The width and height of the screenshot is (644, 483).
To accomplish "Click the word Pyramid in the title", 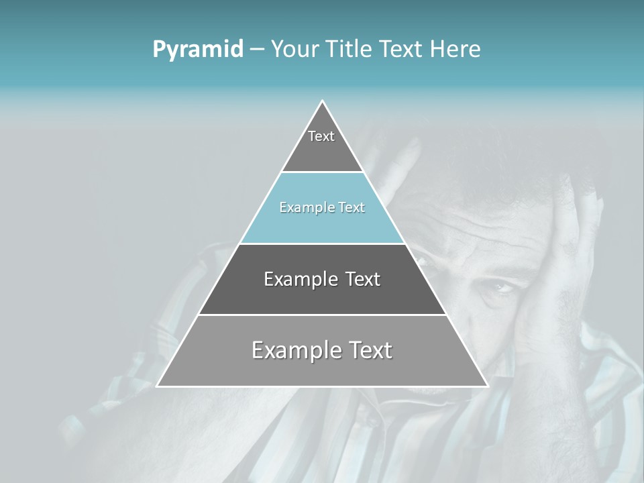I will [x=198, y=50].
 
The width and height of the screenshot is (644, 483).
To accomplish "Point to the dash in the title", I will [x=257, y=50].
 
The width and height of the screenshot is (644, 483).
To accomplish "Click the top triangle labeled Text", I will [x=322, y=144].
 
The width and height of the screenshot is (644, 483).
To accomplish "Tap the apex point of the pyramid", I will [x=323, y=101].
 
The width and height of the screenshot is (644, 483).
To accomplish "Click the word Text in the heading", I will [x=401, y=50].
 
